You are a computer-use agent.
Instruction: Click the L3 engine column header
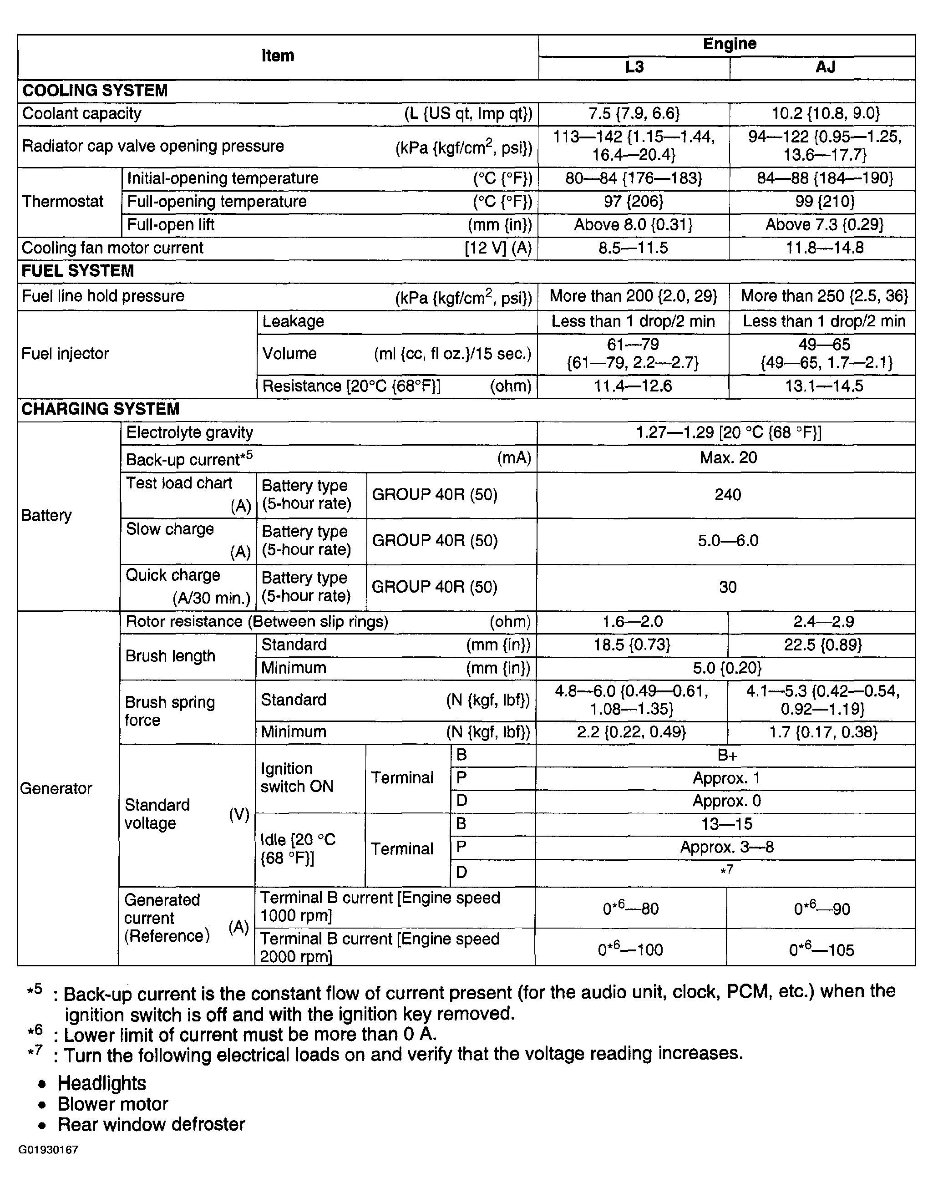coord(634,67)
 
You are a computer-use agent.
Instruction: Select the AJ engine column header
coord(825,67)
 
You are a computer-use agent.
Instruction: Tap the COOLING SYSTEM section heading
coord(95,91)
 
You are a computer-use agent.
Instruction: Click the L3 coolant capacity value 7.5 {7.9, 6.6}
coord(634,114)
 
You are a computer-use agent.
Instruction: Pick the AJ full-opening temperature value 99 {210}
coord(824,202)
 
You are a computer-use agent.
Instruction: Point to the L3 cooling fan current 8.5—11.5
coord(633,248)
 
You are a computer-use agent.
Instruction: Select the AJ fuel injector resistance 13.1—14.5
coord(824,386)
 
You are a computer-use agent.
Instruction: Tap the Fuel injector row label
coord(65,354)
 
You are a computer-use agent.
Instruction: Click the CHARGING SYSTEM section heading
coord(100,409)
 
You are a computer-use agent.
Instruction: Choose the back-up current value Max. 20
coord(728,458)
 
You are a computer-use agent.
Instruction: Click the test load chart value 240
coord(728,495)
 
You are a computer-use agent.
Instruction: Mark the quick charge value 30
coord(728,587)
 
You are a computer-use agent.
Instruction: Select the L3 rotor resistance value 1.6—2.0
coord(632,622)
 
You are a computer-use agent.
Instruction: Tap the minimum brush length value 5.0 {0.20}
coord(726,668)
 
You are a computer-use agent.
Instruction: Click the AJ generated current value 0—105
coord(821,950)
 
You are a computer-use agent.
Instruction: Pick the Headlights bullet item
coord(101,1083)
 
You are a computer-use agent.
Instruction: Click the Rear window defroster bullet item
coord(151,1125)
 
